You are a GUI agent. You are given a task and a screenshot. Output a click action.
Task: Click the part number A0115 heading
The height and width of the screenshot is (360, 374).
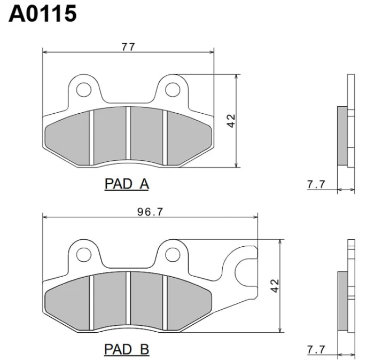[x=43, y=13]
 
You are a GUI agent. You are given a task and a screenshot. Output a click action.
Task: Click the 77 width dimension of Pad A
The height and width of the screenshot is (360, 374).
[x=128, y=47]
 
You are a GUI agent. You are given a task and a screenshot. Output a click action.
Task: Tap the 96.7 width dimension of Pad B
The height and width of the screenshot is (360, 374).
[x=150, y=212]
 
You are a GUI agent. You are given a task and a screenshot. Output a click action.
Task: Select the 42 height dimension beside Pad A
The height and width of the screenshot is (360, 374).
[x=231, y=121]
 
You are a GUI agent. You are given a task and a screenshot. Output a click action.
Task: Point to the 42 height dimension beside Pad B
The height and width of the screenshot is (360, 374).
[x=275, y=286]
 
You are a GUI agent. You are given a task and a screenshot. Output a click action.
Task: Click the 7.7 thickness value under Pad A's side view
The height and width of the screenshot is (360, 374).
[x=316, y=184]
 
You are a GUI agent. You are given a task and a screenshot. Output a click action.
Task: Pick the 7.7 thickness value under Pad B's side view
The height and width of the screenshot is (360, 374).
[x=316, y=350]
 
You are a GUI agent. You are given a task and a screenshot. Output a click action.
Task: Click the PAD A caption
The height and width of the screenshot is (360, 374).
[x=127, y=184]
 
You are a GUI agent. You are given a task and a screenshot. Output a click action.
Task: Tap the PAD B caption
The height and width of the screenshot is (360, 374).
[x=127, y=349]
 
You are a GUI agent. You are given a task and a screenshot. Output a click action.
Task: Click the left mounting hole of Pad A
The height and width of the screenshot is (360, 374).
[x=84, y=90]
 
